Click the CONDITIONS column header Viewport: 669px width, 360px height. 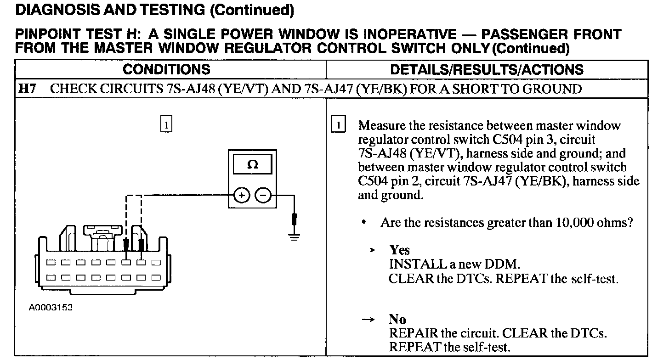coord(166,69)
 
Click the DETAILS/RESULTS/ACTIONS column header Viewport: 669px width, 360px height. coord(487,69)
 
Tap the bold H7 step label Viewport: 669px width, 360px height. coord(27,89)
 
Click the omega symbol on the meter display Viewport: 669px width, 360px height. coord(252,164)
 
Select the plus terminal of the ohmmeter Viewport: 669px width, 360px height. coord(241,196)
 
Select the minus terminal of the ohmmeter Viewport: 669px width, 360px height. coord(263,196)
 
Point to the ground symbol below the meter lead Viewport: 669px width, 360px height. coord(294,237)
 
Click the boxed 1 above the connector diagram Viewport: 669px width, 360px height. coord(166,123)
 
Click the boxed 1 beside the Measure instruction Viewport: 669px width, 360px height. coord(338,124)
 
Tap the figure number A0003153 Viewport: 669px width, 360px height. coord(51,307)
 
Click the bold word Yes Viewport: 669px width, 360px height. coord(399,250)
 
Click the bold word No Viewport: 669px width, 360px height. coord(397,319)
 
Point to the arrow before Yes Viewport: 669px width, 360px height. coord(368,250)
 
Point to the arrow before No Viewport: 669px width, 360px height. coord(368,320)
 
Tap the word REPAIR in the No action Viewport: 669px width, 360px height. coord(414,333)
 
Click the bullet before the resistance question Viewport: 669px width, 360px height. coord(363,222)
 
